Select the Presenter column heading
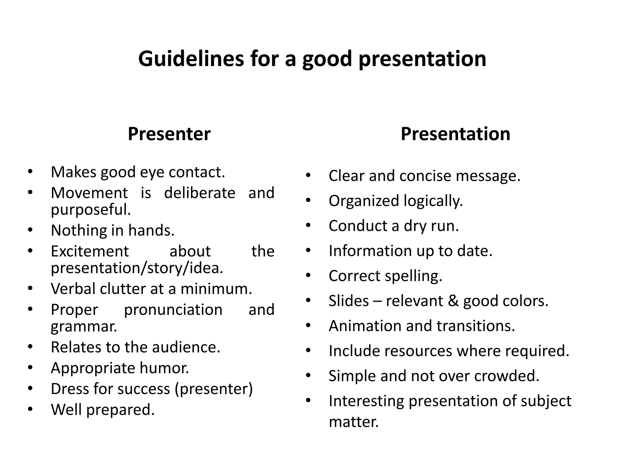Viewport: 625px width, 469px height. (x=169, y=134)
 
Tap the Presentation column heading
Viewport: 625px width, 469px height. (x=455, y=134)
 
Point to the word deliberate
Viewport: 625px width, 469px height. (x=200, y=193)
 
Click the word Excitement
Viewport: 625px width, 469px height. (x=90, y=251)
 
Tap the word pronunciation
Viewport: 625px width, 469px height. (x=173, y=310)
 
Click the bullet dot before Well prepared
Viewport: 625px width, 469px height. (x=30, y=409)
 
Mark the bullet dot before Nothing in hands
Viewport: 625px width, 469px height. (x=30, y=230)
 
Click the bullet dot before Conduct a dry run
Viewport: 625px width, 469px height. (x=308, y=226)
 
